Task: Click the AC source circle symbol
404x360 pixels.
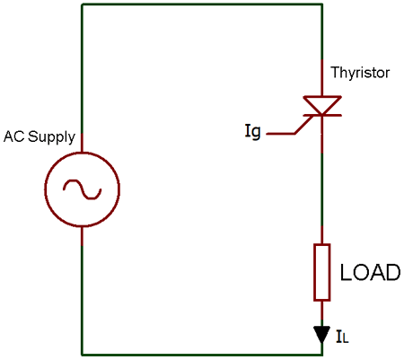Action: click(82, 189)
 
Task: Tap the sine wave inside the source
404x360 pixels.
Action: click(82, 189)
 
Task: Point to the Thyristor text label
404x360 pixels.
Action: click(361, 73)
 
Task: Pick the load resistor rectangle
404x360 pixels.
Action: click(321, 271)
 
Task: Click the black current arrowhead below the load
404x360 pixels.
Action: click(321, 334)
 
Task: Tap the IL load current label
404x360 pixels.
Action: click(343, 338)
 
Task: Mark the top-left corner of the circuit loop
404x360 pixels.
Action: click(82, 4)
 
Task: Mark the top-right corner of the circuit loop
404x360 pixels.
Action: click(321, 4)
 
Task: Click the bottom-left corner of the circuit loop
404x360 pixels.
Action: click(82, 354)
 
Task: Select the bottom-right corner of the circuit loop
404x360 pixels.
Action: click(321, 354)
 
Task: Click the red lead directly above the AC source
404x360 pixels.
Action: click(82, 142)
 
